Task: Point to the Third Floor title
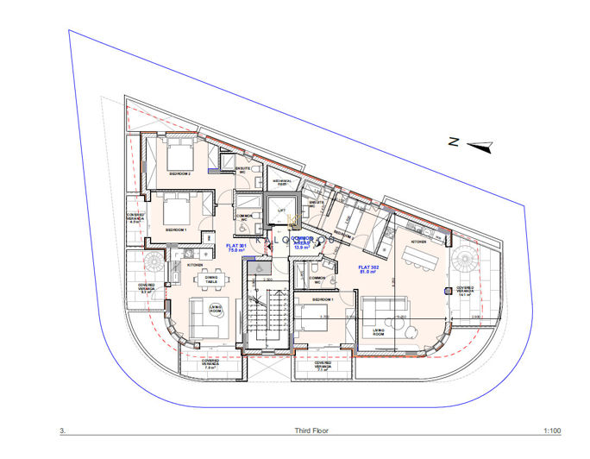pyautogui.click(x=311, y=430)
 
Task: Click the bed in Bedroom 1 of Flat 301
pyautogui.click(x=177, y=209)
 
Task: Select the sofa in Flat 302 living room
pyautogui.click(x=383, y=308)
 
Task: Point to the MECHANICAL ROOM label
pyautogui.click(x=282, y=182)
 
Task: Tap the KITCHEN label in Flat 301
pyautogui.click(x=195, y=265)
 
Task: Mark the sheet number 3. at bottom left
pyautogui.click(x=63, y=430)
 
